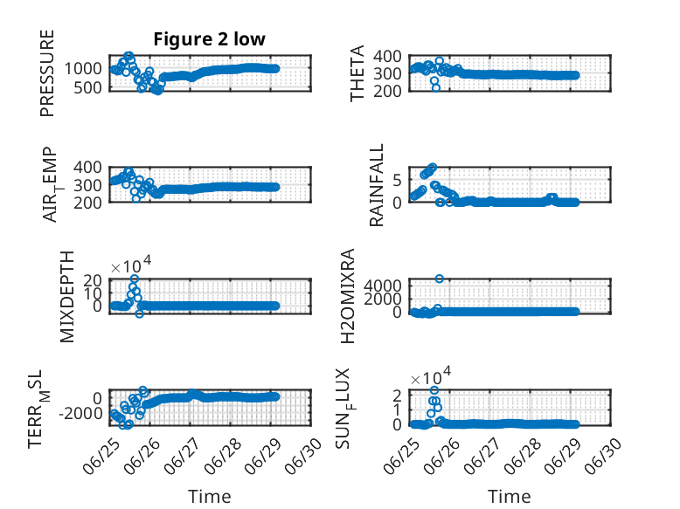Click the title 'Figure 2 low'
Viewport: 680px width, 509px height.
click(209, 39)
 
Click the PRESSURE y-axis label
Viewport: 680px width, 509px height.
click(47, 73)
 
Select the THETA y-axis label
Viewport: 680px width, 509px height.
click(357, 73)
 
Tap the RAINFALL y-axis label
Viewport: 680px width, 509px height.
click(377, 185)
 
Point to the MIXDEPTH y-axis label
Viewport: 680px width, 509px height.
click(67, 297)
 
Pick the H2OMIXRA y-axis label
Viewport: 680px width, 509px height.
click(348, 296)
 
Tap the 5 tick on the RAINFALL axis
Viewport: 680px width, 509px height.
click(397, 180)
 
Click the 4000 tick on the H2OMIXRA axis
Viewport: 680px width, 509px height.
click(383, 285)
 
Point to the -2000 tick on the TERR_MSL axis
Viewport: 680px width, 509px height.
click(80, 413)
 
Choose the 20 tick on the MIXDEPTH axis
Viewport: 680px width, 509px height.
click(93, 280)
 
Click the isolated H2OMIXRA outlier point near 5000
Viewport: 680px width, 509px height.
click(440, 279)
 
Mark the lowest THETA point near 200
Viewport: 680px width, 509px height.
click(436, 88)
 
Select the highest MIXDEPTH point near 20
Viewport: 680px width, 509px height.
click(135, 279)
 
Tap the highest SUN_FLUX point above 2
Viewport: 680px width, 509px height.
click(434, 390)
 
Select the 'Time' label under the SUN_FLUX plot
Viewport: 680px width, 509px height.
click(510, 497)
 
